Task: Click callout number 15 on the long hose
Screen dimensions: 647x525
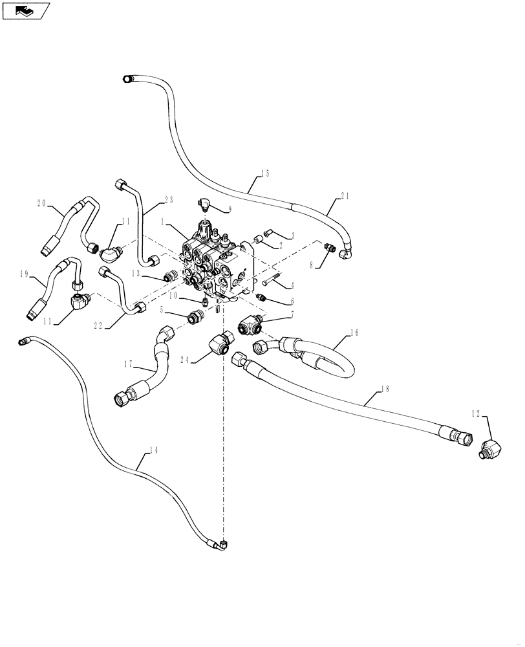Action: tap(265, 173)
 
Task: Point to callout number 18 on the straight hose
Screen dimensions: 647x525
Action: tap(385, 388)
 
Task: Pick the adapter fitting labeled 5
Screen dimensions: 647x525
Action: tap(194, 318)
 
